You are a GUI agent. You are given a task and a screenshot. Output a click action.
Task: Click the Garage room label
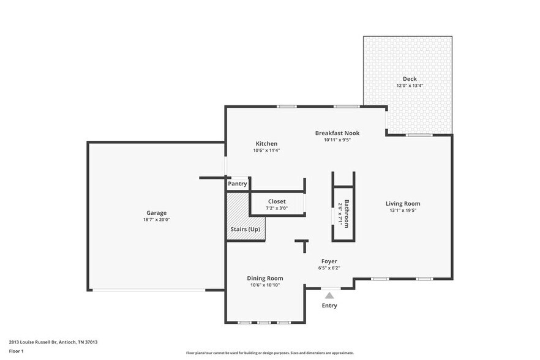[x=156, y=213]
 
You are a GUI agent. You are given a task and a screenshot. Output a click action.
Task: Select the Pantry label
[x=238, y=184]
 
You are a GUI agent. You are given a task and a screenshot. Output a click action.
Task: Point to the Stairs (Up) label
[x=245, y=230]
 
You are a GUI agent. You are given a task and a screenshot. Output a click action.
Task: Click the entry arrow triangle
[x=329, y=295]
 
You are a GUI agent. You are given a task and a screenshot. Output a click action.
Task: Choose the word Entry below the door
[x=329, y=306]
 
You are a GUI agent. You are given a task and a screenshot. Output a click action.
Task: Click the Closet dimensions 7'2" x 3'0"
[x=277, y=208]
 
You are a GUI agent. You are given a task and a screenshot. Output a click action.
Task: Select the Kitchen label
[x=266, y=144]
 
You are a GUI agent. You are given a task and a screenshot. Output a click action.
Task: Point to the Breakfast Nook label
[x=337, y=133]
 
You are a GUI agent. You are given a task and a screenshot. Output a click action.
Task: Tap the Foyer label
[x=329, y=261]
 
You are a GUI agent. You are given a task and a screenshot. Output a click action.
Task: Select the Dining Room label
[x=265, y=278]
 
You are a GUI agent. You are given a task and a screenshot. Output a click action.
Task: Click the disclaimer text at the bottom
[x=270, y=353]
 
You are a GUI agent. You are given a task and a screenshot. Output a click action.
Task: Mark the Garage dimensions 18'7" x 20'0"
[x=156, y=219]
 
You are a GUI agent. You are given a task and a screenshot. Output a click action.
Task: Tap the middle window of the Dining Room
[x=264, y=322]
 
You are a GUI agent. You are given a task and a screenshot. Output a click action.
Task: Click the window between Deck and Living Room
[x=419, y=135]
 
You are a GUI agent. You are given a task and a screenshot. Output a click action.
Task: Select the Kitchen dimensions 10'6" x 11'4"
[x=266, y=151]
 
